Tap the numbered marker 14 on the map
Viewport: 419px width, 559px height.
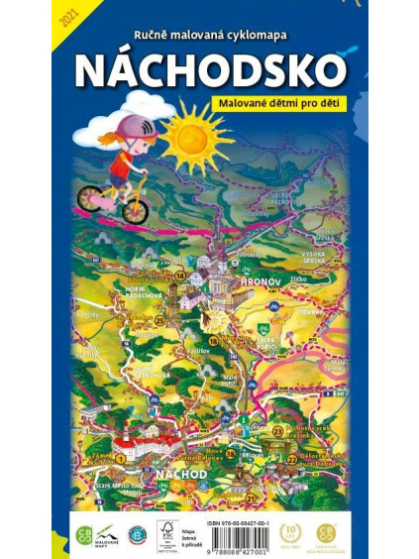(x=179, y=276)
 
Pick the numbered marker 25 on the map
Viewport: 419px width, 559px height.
(x=159, y=319)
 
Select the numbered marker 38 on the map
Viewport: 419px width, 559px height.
(x=230, y=454)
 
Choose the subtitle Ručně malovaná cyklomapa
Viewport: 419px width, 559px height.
(x=210, y=35)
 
